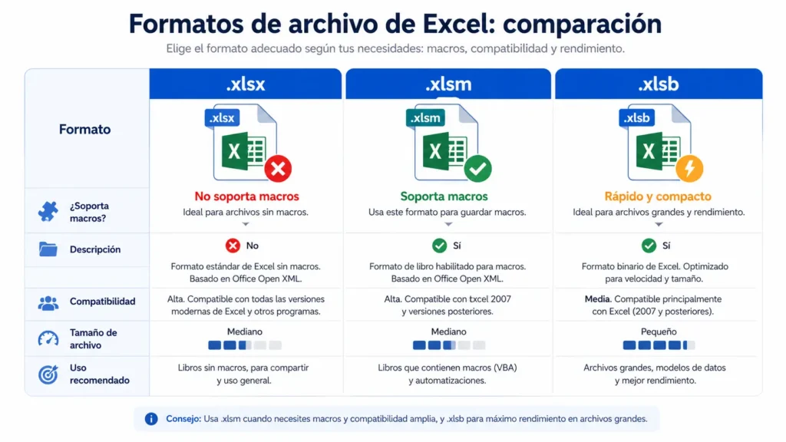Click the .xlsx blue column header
pyautogui.click(x=245, y=84)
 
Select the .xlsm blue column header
pyautogui.click(x=448, y=84)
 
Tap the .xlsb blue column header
pyautogui.click(x=658, y=84)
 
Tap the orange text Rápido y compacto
pyautogui.click(x=659, y=196)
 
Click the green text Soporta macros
pyautogui.click(x=444, y=196)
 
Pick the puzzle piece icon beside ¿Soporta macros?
pyautogui.click(x=48, y=212)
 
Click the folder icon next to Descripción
pyautogui.click(x=48, y=249)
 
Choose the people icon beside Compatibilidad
pyautogui.click(x=48, y=302)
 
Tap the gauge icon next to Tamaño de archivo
pyautogui.click(x=48, y=338)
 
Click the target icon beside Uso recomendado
pyautogui.click(x=48, y=374)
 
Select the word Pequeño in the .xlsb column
pyautogui.click(x=659, y=331)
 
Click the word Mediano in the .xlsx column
pyautogui.click(x=245, y=331)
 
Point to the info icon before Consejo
pyautogui.click(x=151, y=419)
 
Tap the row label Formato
pyautogui.click(x=84, y=130)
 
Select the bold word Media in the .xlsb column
pyautogui.click(x=598, y=299)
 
